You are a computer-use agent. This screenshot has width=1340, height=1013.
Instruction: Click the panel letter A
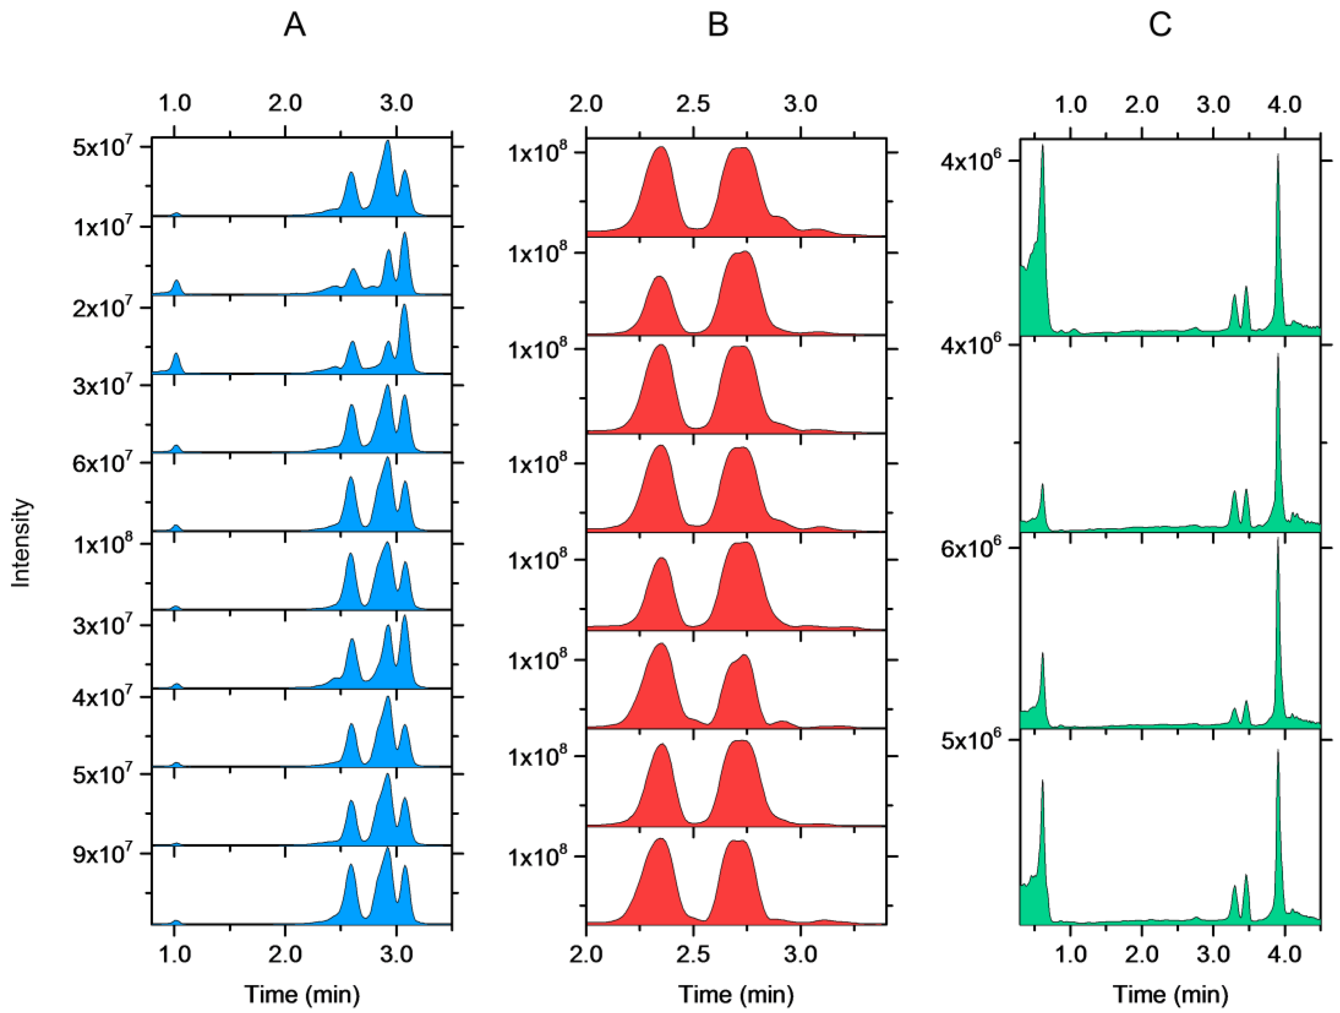[x=295, y=25]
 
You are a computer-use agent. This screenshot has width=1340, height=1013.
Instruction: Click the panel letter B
[x=718, y=25]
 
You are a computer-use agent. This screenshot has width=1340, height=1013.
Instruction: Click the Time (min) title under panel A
[x=302, y=993]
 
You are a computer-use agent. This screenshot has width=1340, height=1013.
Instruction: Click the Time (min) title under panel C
[x=1170, y=993]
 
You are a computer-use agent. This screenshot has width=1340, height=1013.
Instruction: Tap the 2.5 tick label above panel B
[x=693, y=104]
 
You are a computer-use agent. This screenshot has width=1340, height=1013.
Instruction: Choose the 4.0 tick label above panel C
[x=1284, y=104]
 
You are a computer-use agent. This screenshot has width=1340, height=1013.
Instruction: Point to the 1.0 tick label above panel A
[x=175, y=102]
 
